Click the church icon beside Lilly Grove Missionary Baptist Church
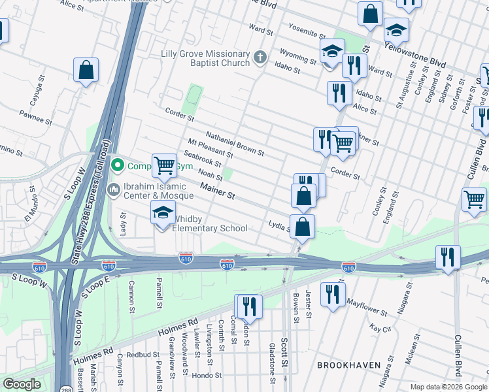[x=260, y=57]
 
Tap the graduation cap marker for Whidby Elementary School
[x=163, y=213]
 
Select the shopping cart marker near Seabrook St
[x=165, y=165]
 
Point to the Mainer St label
[x=217, y=191]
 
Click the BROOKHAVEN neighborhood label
[x=344, y=363]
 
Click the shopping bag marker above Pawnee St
[x=86, y=70]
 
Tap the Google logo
[x=22, y=384]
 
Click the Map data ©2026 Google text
[x=448, y=387]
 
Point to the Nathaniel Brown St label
[x=235, y=144]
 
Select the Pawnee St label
[x=35, y=119]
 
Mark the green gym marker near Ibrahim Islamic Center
[x=118, y=165]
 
